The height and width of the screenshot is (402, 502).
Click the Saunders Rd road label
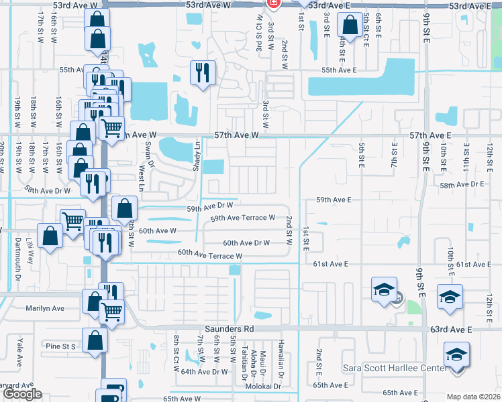(x=230, y=329)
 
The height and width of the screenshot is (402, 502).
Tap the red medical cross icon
(x=273, y=3)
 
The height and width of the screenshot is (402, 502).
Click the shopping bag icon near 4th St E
(x=350, y=26)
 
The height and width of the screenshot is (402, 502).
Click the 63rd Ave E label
(x=452, y=330)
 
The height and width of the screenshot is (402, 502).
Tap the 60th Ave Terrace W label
(x=209, y=255)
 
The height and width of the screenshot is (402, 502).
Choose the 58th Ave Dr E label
(x=462, y=184)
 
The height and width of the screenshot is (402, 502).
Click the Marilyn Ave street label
(x=45, y=308)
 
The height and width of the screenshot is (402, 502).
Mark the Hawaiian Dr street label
(x=282, y=365)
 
